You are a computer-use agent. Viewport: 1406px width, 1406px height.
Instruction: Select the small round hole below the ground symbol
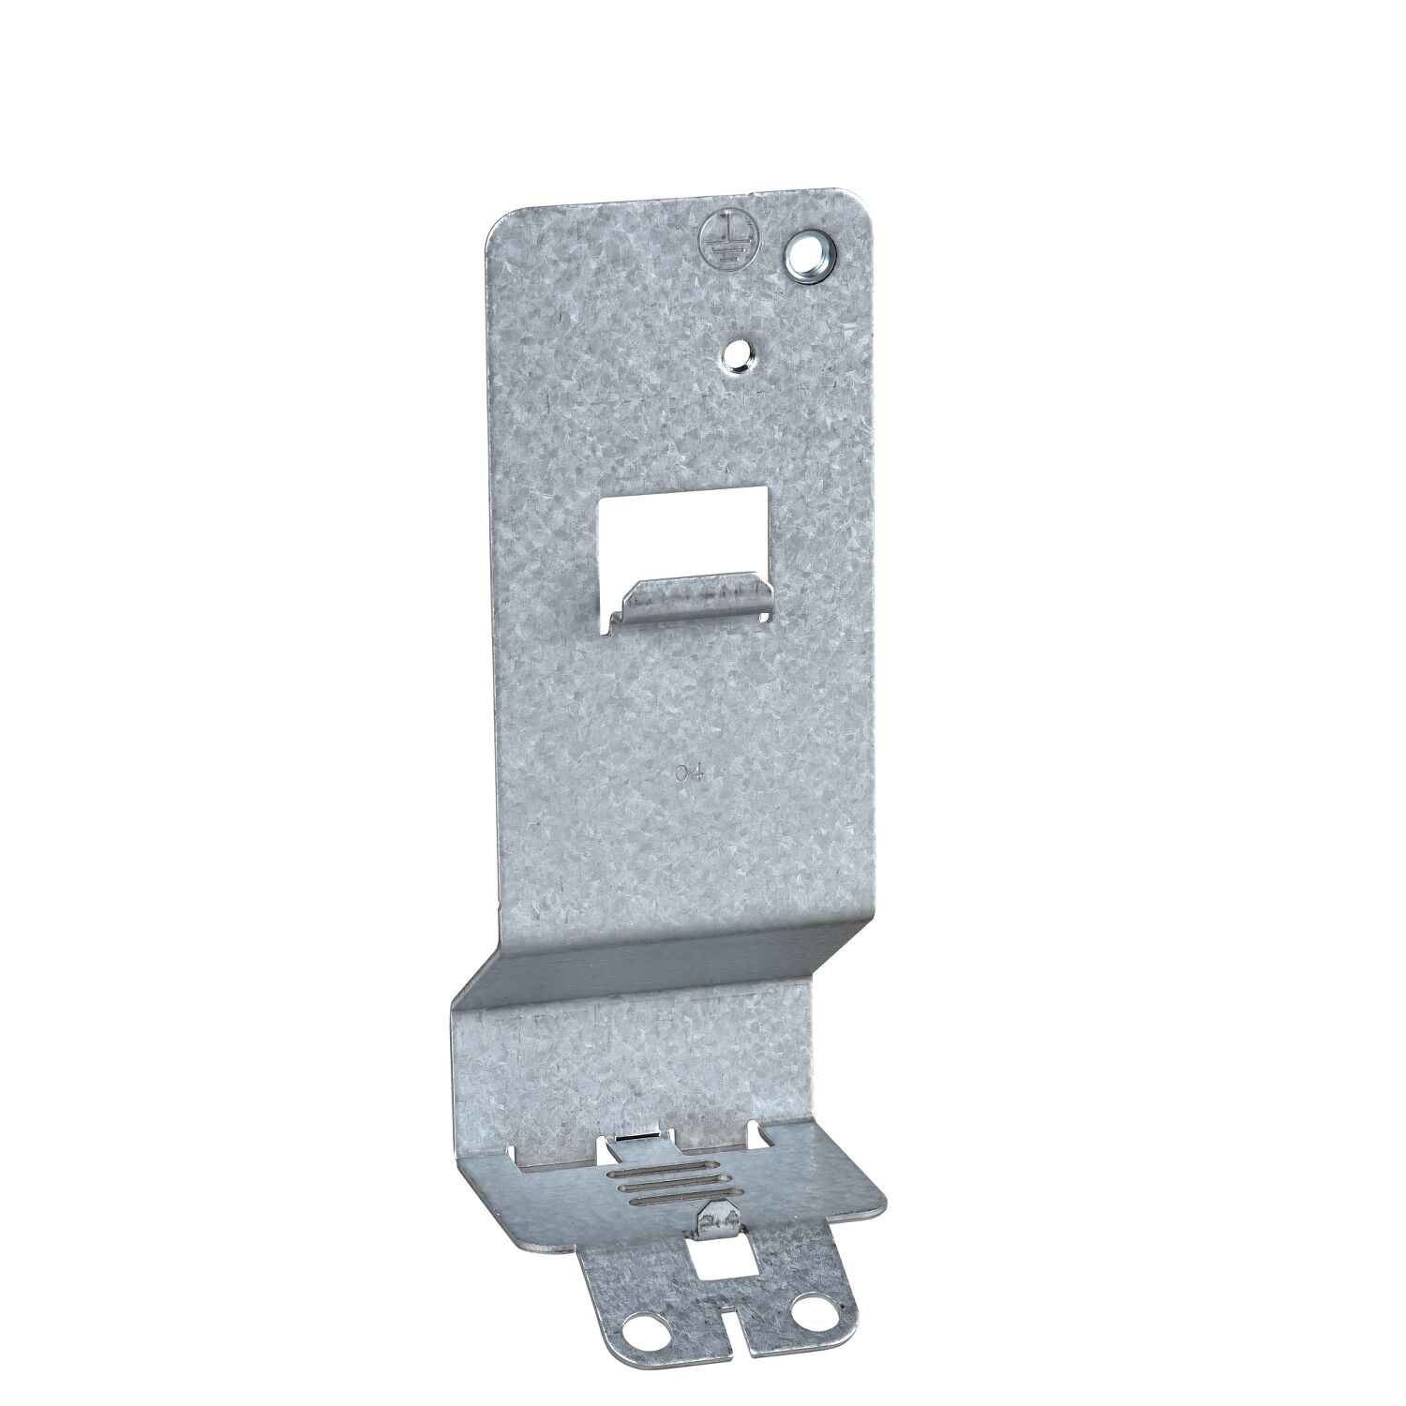click(x=739, y=352)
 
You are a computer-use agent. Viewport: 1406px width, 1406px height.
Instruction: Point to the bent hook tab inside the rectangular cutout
click(x=690, y=598)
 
